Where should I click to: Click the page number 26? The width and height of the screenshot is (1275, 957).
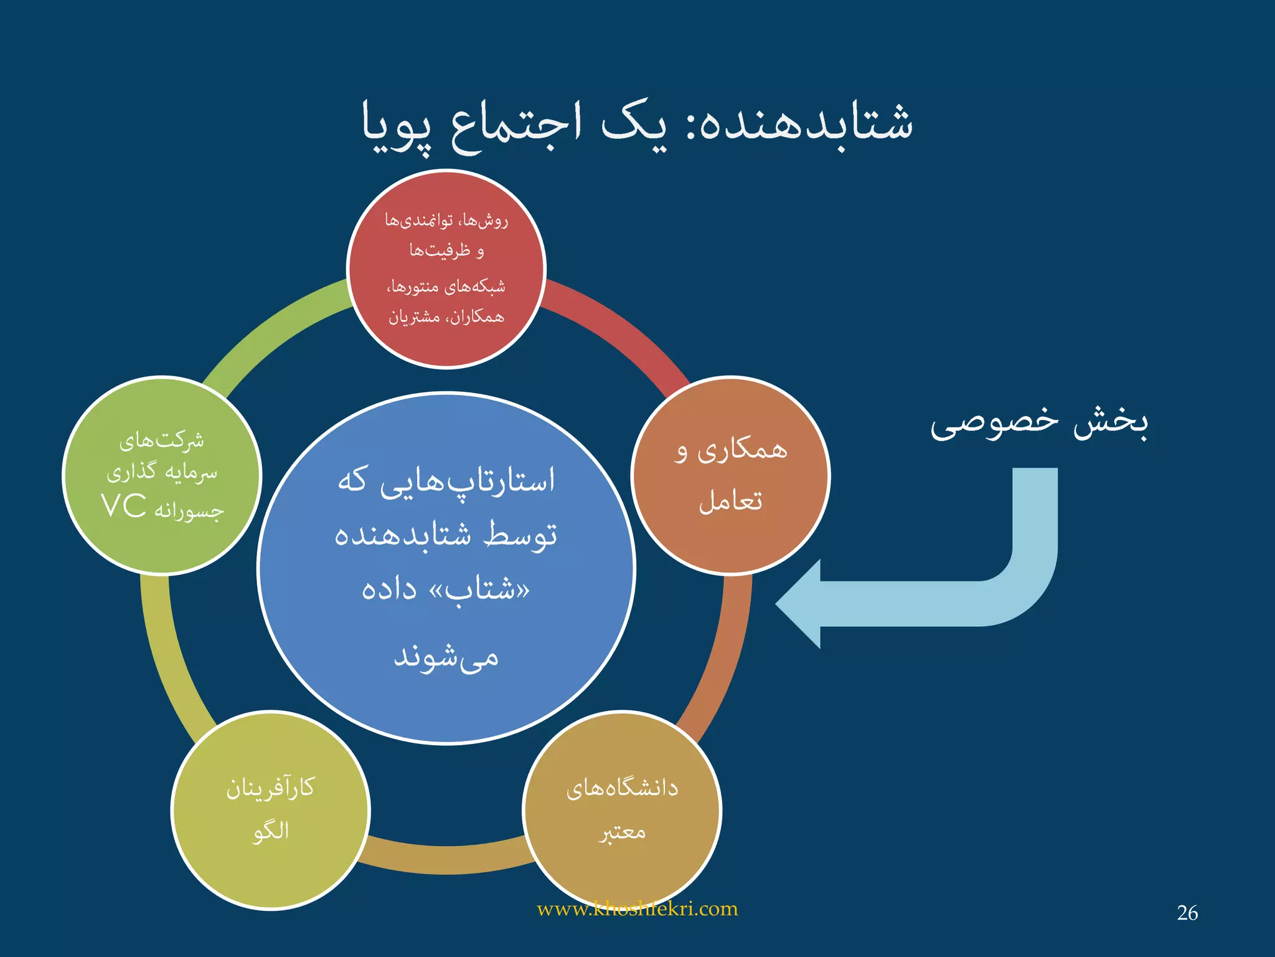click(x=1187, y=913)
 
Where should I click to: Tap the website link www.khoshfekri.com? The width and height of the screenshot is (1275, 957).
click(x=637, y=909)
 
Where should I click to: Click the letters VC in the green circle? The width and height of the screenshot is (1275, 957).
click(x=124, y=506)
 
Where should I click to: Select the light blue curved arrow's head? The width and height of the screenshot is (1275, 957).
click(x=800, y=604)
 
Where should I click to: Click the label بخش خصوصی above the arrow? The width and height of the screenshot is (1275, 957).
click(x=1038, y=422)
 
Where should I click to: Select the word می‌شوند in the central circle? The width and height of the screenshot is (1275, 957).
click(x=446, y=657)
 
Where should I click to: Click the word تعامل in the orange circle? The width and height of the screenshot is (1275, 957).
click(x=730, y=501)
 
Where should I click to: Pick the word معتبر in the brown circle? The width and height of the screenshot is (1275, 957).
click(x=622, y=832)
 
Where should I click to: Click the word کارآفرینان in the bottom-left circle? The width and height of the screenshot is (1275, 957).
click(x=270, y=788)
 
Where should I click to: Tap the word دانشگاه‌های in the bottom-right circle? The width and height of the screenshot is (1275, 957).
click(x=622, y=788)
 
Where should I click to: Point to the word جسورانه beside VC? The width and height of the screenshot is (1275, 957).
click(x=189, y=511)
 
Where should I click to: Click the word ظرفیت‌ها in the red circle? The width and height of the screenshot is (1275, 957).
click(x=440, y=250)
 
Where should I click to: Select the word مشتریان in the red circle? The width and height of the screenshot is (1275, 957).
click(x=414, y=318)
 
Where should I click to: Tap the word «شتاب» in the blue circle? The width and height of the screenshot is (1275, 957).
click(x=479, y=589)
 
